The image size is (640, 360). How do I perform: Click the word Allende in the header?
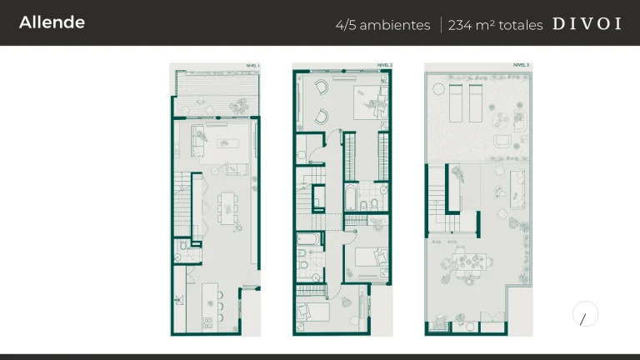pos(52,22)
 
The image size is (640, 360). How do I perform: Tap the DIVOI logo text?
pos(587,23)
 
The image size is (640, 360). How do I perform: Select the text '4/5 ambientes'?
pos(382,24)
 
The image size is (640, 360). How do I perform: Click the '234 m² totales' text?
pos(495,24)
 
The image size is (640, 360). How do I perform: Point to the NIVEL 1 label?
pos(252,65)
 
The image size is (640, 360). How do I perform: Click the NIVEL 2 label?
pos(384,65)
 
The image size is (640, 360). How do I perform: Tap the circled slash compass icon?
pos(585,315)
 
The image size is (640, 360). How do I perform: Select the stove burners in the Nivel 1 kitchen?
pos(207,321)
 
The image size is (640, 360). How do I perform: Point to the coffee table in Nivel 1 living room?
pos(223,143)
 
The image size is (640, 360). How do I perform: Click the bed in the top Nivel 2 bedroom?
pos(367,100)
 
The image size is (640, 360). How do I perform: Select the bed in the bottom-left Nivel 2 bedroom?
pos(314,312)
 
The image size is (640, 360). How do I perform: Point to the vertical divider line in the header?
pos(441,24)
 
